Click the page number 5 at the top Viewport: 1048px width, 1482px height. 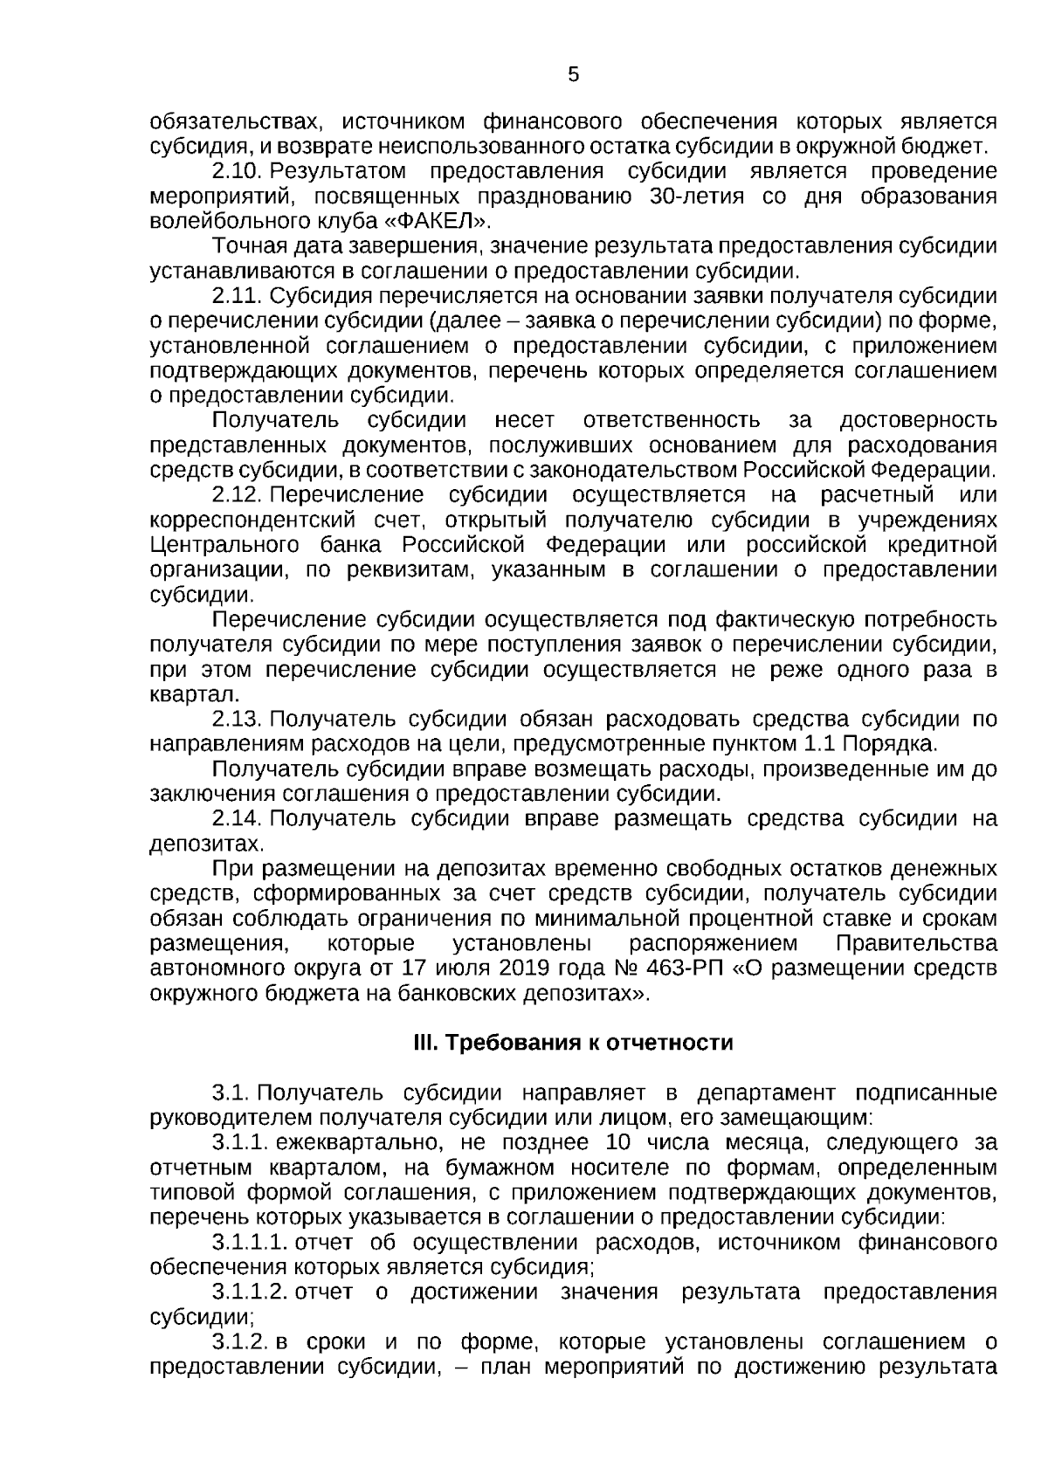point(573,75)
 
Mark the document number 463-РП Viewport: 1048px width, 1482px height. point(689,968)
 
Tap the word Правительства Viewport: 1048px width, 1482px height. point(915,944)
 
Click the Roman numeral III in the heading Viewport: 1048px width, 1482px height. point(426,1043)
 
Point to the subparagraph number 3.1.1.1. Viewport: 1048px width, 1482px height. point(249,1242)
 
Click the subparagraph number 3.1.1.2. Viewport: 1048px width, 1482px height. point(249,1292)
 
